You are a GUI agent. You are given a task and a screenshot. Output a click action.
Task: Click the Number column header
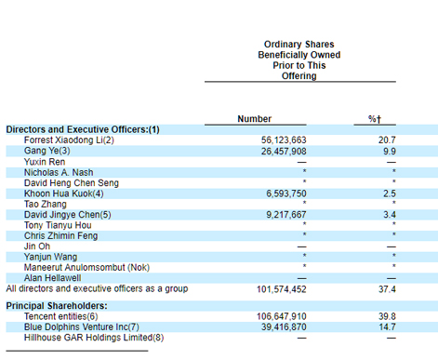coord(255,119)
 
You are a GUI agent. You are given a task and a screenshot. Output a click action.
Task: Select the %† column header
coord(375,119)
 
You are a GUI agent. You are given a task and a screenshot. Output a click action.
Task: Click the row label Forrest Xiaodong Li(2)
coord(69,140)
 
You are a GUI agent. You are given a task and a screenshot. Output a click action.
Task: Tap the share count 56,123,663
coord(284,140)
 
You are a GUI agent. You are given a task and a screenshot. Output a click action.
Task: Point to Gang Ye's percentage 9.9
coord(390,151)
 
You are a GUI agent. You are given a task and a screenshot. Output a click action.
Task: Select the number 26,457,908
coord(284,151)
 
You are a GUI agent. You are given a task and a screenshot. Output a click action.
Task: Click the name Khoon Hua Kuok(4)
coord(64,193)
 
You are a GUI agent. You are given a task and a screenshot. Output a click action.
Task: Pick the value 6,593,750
coord(286,193)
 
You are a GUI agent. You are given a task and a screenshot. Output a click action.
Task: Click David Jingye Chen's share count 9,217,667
coord(286,215)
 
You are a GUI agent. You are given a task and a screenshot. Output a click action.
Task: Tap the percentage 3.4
coord(390,215)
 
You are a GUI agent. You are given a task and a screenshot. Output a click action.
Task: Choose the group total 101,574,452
coord(282,289)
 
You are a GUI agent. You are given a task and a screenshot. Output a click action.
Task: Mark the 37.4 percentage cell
coord(387,289)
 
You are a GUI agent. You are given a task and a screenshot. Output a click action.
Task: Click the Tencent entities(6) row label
coord(61,316)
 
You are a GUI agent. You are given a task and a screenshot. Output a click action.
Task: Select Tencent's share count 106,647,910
coord(282,316)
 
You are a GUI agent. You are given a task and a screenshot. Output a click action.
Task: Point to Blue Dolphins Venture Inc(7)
coord(82,327)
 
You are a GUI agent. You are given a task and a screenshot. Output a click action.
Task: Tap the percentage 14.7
coord(387,327)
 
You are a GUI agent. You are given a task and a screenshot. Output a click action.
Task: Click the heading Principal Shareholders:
coord(57,306)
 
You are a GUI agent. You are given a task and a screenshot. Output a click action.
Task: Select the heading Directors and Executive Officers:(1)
coord(83,129)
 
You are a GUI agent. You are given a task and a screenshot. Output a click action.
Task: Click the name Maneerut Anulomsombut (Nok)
coord(86,267)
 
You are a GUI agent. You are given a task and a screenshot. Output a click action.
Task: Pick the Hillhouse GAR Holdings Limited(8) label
coord(94,338)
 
